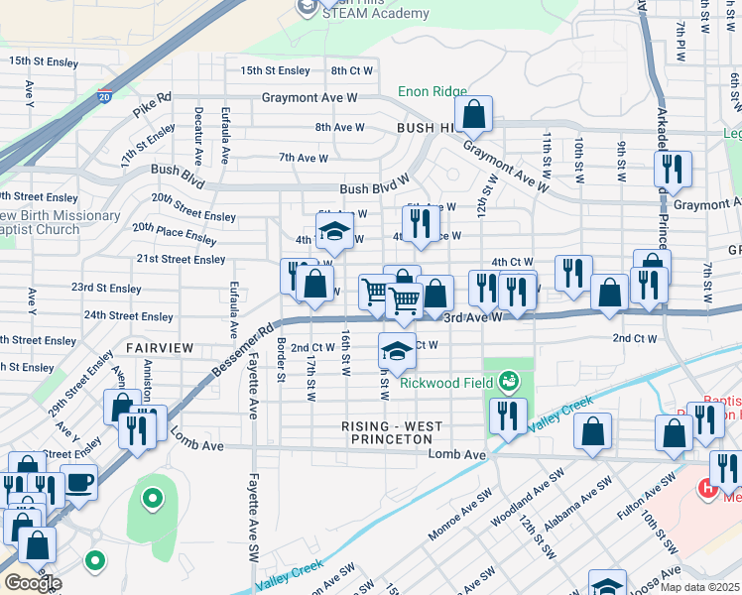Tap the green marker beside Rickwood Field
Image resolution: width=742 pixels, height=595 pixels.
click(509, 381)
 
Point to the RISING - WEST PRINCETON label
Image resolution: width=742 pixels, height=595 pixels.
click(392, 427)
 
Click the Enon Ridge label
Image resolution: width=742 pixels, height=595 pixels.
click(433, 92)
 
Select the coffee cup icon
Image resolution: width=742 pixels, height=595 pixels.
click(78, 483)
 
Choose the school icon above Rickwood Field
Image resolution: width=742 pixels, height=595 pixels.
click(397, 349)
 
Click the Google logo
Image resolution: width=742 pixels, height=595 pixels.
click(32, 583)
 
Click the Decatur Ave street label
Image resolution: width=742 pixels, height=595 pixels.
click(198, 136)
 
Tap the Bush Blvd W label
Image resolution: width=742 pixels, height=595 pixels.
click(374, 189)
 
